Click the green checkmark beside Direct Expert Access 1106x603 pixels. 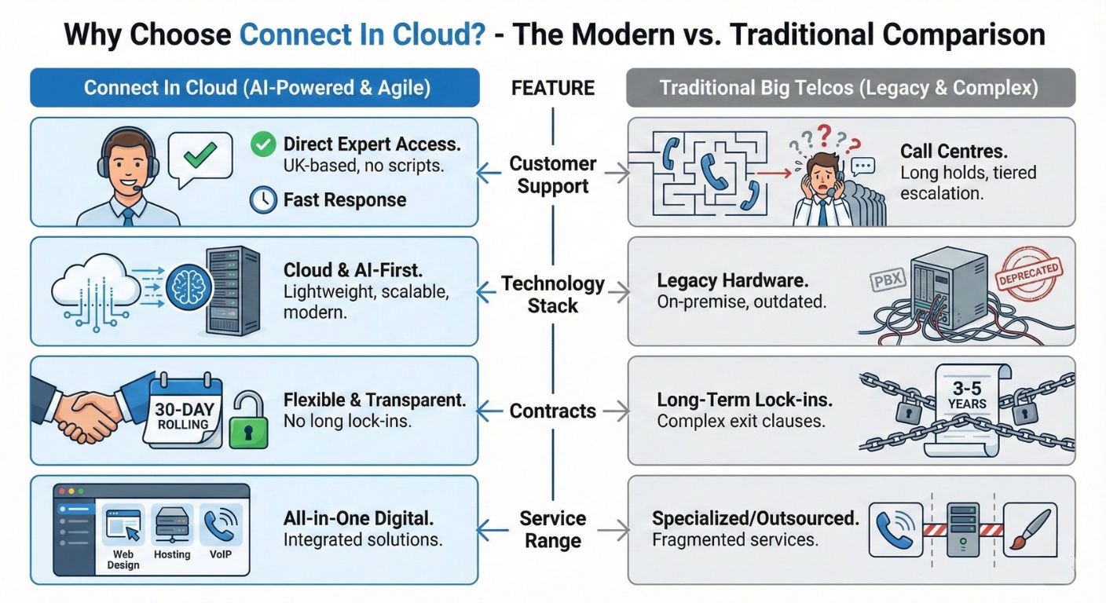point(263,144)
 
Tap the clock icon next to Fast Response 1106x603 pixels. point(263,200)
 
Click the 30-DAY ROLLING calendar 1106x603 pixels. point(185,410)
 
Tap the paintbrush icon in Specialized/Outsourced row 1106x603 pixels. point(1029,530)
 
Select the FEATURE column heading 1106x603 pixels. point(552,88)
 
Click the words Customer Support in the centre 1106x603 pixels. point(552,175)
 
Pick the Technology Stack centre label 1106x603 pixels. point(552,294)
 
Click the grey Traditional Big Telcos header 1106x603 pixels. point(850,88)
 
